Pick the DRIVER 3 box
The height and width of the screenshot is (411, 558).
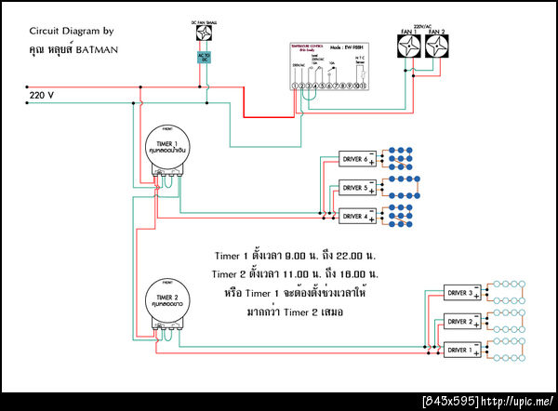click(x=462, y=294)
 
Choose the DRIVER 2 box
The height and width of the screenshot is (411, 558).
click(x=462, y=322)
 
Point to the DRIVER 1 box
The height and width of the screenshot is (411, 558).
click(x=462, y=350)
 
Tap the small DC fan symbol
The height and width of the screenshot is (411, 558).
click(x=206, y=33)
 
